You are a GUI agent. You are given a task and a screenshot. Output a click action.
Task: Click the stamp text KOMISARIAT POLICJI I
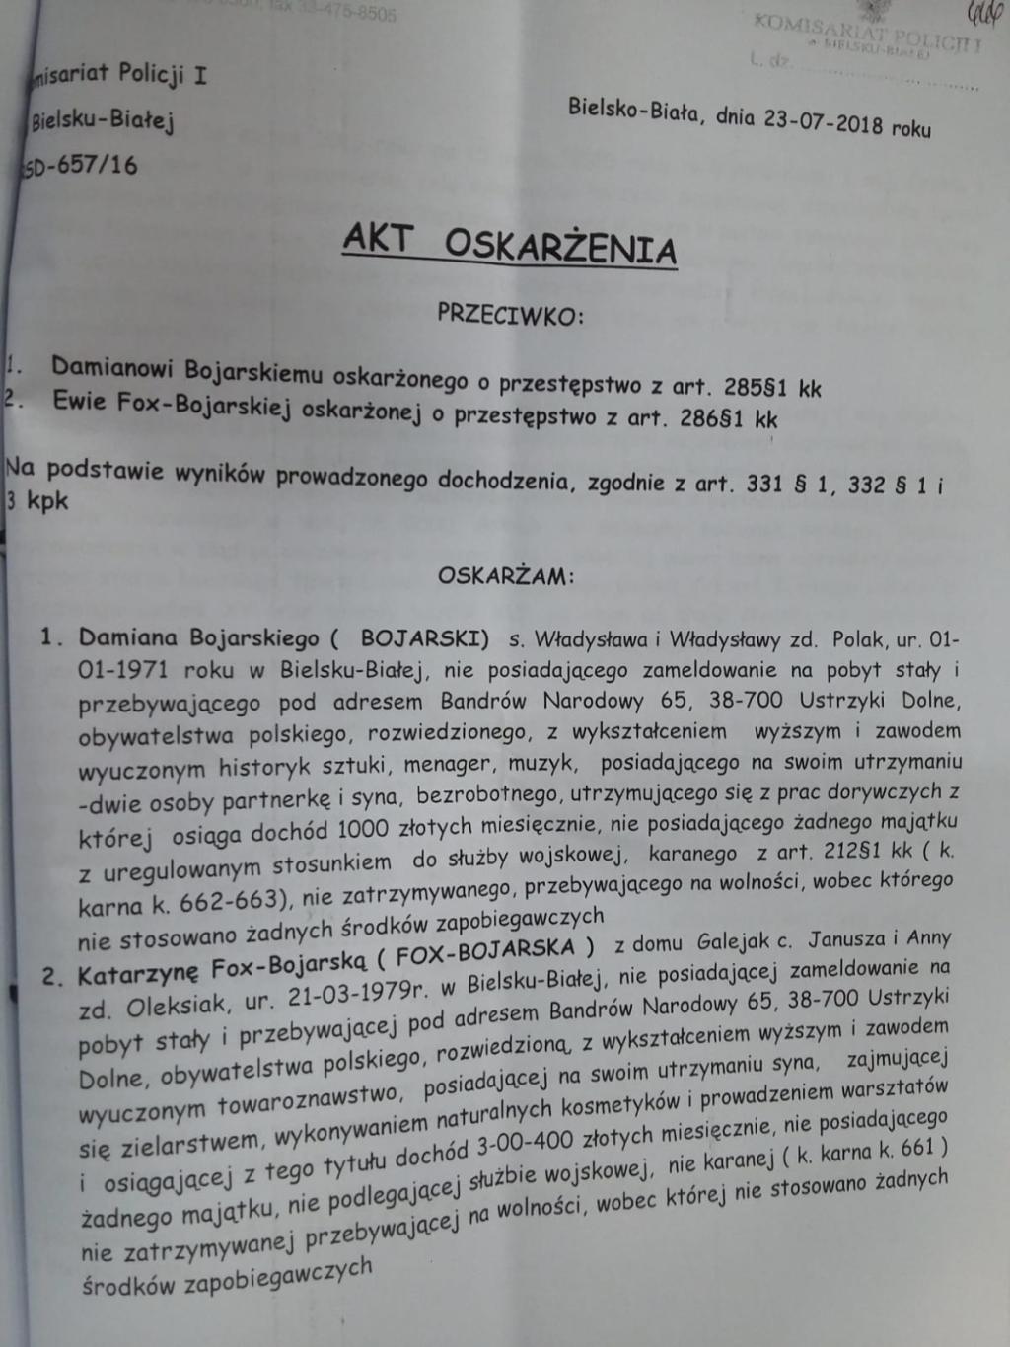point(867,33)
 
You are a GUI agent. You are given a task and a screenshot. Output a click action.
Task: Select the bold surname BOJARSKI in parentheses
point(424,636)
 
